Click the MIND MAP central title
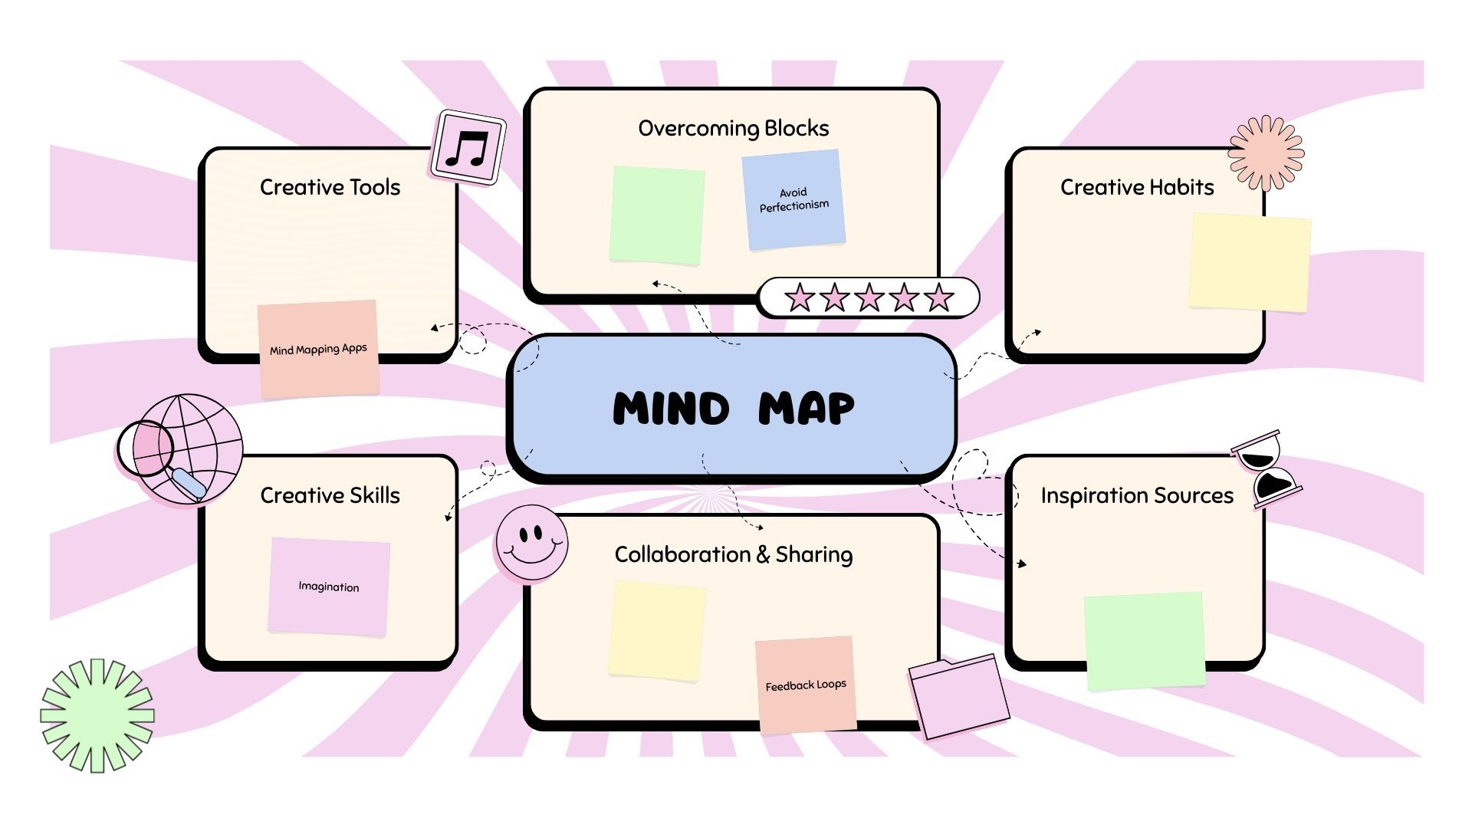(x=733, y=408)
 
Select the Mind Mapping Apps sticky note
(x=318, y=350)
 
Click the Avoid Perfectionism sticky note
(x=793, y=200)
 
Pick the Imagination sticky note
(x=329, y=586)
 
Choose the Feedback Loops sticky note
(x=806, y=685)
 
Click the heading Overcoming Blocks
(x=733, y=128)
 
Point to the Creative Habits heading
(x=1136, y=187)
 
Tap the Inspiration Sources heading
(x=1136, y=495)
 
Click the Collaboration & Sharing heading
(x=733, y=554)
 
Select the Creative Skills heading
(x=330, y=495)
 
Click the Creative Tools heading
(x=330, y=187)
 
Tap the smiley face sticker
(x=531, y=542)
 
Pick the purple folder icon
(x=958, y=696)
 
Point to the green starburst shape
(x=97, y=715)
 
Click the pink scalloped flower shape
(x=1266, y=153)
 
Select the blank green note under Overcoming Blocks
(x=657, y=215)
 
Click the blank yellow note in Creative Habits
(x=1250, y=262)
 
